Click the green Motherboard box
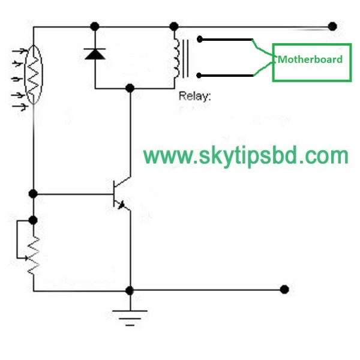pyautogui.click(x=311, y=62)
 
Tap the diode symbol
pyautogui.click(x=94, y=55)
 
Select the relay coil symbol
pyautogui.click(x=178, y=58)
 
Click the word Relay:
pyautogui.click(x=194, y=95)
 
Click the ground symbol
pyautogui.click(x=130, y=315)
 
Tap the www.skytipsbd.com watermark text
pyautogui.click(x=246, y=156)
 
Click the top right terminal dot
pyautogui.click(x=332, y=26)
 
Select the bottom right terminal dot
pyautogui.click(x=284, y=289)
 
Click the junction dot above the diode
pyautogui.click(x=94, y=26)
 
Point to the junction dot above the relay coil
pyautogui.click(x=174, y=26)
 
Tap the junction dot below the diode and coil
pyautogui.click(x=129, y=88)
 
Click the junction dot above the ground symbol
pyautogui.click(x=129, y=290)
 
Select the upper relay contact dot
pyautogui.click(x=200, y=40)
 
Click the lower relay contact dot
pyautogui.click(x=200, y=75)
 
